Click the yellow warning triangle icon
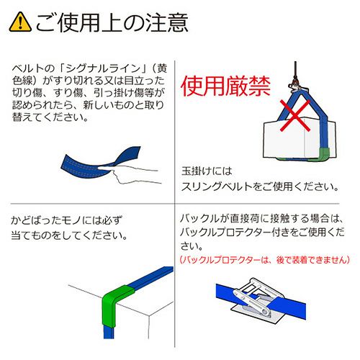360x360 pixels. pyautogui.click(x=20, y=22)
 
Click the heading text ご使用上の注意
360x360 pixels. pyautogui.click(x=112, y=22)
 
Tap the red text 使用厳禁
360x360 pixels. pyautogui.click(x=226, y=86)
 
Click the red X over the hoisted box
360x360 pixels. pyautogui.click(x=295, y=116)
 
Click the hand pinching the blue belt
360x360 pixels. pyautogui.click(x=130, y=174)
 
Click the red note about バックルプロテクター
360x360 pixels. pyautogui.click(x=265, y=260)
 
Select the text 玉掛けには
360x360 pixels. pyautogui.click(x=207, y=171)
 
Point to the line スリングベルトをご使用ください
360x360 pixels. pyautogui.click(x=260, y=186)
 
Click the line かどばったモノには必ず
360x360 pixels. pyautogui.click(x=66, y=220)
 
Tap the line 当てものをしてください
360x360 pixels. pyautogui.click(x=69, y=235)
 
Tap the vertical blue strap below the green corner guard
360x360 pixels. pyautogui.click(x=109, y=333)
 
